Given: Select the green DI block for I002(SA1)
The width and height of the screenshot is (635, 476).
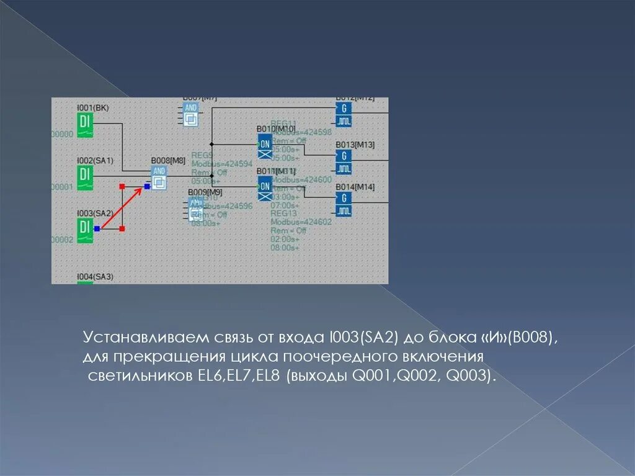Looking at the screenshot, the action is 85,177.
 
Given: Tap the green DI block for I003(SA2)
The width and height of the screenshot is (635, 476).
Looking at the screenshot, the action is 85,230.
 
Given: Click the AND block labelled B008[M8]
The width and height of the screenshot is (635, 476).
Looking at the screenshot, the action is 159,177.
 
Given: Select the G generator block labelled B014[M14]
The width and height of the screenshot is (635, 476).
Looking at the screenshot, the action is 344,204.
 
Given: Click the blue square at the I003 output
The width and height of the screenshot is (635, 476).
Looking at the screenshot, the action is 97,229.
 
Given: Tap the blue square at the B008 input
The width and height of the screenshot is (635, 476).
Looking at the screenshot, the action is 147,186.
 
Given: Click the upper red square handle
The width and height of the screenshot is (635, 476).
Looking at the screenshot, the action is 122,186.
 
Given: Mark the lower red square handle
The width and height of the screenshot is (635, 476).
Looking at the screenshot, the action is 122,229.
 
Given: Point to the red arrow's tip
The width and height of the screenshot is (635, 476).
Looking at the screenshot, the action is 143,189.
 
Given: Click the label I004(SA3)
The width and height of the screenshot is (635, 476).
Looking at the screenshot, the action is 95,277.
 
